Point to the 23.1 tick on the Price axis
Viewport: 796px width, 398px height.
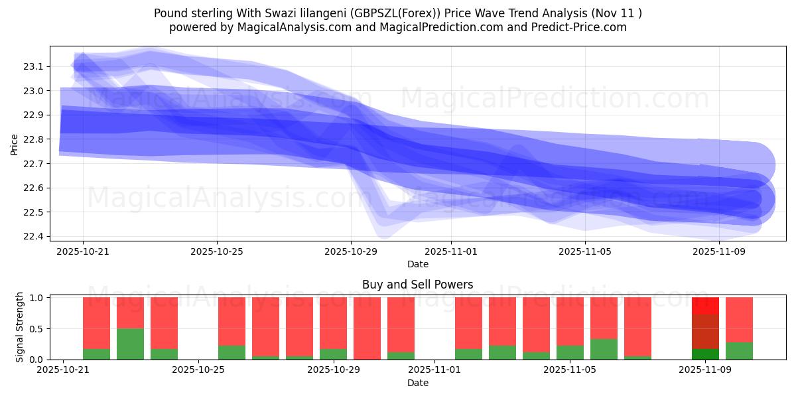[33, 66]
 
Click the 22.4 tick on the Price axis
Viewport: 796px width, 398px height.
[33, 237]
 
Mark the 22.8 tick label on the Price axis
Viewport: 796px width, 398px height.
[33, 139]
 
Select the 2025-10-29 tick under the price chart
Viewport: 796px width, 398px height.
[351, 252]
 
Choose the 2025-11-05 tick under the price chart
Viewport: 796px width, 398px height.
[585, 252]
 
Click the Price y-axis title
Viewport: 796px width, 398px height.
[15, 144]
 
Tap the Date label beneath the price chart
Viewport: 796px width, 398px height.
[417, 264]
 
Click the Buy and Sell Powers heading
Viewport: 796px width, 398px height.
[417, 285]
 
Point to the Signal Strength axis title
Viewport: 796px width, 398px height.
[20, 327]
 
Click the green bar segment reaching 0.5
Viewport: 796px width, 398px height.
[130, 344]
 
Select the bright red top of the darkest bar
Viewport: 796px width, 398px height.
[705, 305]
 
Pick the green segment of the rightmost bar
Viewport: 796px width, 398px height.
[739, 351]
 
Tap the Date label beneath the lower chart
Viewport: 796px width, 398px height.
[417, 383]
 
